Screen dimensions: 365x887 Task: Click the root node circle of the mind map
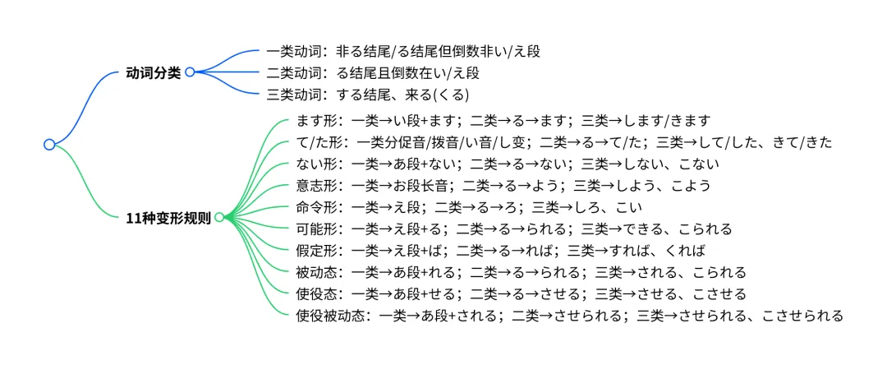click(x=49, y=145)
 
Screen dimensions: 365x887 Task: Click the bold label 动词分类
click(x=154, y=72)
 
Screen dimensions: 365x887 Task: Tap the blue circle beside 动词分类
click(x=190, y=72)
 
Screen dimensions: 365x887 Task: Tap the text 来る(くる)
click(x=440, y=94)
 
